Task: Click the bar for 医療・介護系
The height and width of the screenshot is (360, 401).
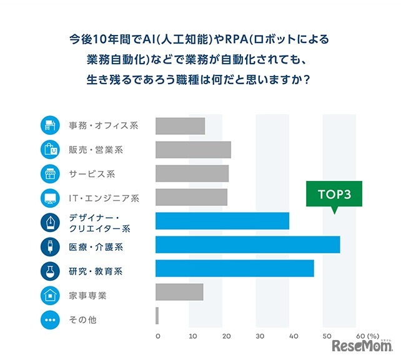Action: (x=247, y=245)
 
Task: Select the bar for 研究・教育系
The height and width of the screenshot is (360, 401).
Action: (x=234, y=268)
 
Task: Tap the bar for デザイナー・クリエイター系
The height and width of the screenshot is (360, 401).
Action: (x=222, y=221)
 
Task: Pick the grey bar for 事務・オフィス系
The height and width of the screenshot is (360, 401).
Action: (x=180, y=125)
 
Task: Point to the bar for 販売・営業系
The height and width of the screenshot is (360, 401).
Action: (x=193, y=150)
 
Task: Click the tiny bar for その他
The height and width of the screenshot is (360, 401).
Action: (x=157, y=316)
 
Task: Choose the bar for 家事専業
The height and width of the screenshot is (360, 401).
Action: (x=179, y=292)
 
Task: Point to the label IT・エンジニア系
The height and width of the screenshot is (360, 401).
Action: (x=104, y=198)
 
